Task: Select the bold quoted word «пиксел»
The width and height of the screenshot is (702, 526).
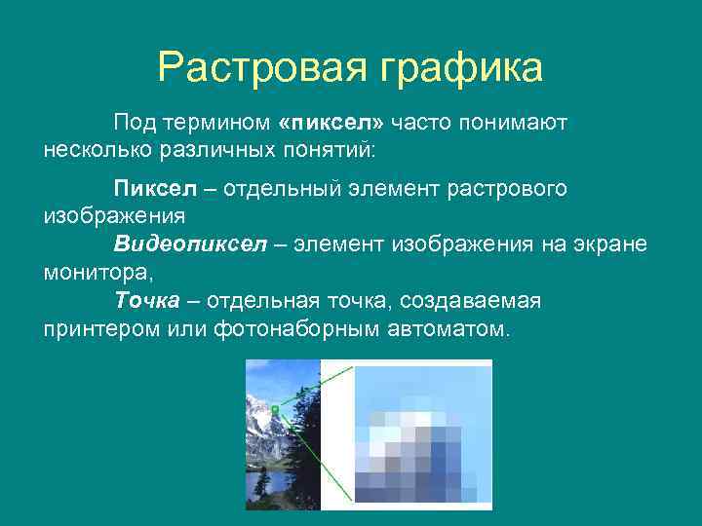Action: point(331,124)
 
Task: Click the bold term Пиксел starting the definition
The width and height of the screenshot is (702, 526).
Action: point(150,188)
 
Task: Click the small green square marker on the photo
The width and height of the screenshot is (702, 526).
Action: point(276,409)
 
